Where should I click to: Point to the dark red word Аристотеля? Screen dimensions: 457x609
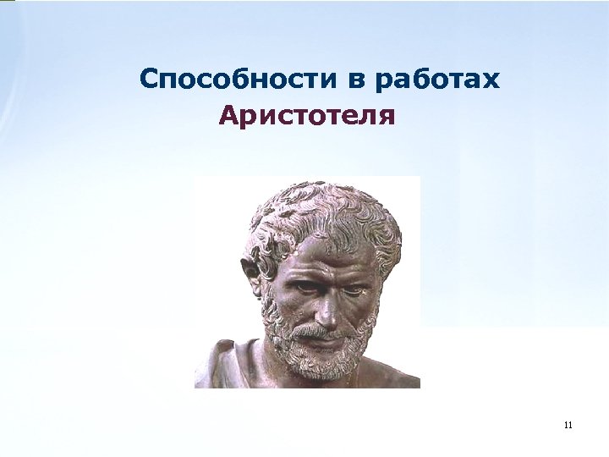(x=306, y=114)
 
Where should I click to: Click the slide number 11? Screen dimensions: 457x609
(x=567, y=424)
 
